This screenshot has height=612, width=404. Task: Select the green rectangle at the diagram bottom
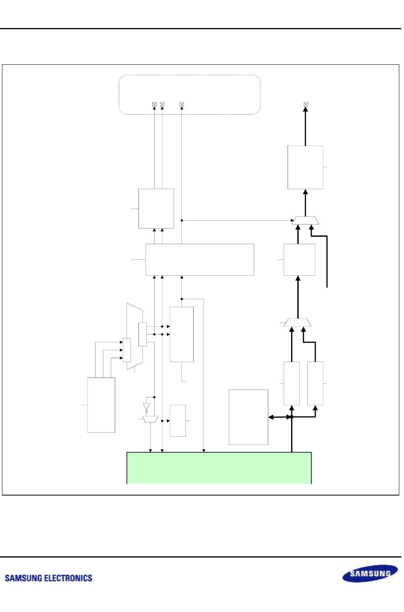219,468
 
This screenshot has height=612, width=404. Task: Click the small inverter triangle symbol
146,407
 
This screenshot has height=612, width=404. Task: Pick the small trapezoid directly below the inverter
150,419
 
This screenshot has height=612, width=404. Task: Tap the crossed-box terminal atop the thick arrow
306,105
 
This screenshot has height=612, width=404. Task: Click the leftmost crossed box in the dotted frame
154,105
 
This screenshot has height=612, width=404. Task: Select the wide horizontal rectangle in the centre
200,259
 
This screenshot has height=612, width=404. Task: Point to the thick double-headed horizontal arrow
280,417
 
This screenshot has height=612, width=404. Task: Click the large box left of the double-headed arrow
249,417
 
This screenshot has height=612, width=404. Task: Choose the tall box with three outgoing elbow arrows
101,405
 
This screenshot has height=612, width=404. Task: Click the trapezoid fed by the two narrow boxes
297,323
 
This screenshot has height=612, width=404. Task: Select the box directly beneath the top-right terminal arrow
305,167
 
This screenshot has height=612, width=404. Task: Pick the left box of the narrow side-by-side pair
292,383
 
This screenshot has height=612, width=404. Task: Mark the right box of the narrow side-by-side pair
315,383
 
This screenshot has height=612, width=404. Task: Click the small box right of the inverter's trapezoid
178,421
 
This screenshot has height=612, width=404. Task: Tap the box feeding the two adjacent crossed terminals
156,208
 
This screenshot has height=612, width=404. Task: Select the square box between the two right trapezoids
299,259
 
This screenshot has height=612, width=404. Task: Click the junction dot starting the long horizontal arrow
182,220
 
